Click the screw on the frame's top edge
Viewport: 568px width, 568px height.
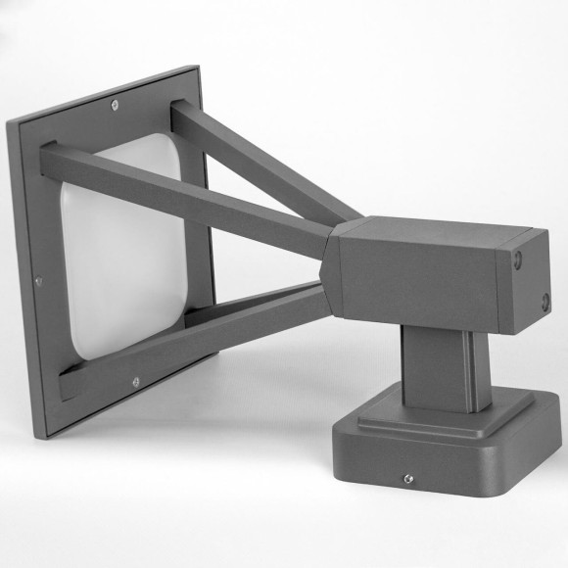[116, 105]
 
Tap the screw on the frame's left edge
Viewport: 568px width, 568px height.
[38, 281]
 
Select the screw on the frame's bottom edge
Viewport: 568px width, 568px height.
[135, 382]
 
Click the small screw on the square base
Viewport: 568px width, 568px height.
[407, 479]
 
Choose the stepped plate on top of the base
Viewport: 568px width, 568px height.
[441, 411]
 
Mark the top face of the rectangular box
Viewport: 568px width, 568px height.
[431, 230]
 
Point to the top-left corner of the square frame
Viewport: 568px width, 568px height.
[14, 123]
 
